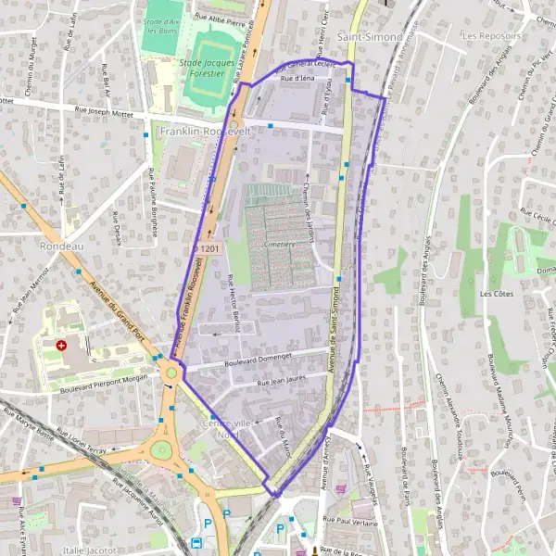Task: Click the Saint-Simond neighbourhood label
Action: pyautogui.click(x=370, y=37)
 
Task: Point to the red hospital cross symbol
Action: pyautogui.click(x=61, y=345)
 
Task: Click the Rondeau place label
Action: pyautogui.click(x=62, y=246)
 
